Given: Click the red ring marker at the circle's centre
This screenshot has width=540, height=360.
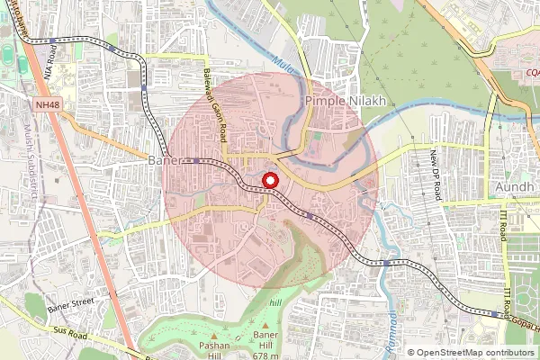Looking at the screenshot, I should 269,182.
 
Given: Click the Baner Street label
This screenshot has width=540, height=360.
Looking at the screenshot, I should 71,306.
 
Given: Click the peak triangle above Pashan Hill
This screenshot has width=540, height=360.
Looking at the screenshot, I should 214,336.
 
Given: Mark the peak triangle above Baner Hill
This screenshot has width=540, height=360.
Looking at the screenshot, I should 265,327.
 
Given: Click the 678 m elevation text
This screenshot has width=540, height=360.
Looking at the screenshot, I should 266,355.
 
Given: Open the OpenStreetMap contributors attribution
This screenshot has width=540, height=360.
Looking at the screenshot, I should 475,353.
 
